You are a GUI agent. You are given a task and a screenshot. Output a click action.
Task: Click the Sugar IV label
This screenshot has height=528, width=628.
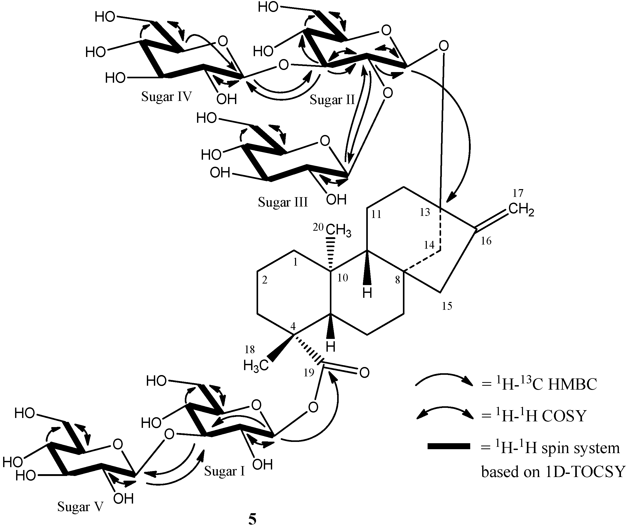coord(166,97)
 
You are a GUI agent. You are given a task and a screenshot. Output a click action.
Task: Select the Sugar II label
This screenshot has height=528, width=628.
coord(332,100)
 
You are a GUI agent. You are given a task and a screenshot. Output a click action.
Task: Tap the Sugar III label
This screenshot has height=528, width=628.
coord(283,202)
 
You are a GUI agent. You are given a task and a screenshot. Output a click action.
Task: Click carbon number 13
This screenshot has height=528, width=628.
coord(425,212)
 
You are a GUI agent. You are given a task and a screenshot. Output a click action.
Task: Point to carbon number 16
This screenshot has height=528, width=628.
coord(486,241)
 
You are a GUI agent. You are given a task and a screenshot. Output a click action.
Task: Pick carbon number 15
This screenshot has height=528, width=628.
coord(447,306)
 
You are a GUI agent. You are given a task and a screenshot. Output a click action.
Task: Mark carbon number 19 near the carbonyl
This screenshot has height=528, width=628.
coord(309,373)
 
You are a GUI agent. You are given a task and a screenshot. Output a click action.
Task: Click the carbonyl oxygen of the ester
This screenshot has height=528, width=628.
coord(364,373)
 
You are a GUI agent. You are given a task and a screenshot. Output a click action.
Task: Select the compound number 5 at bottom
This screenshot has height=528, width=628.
coord(252,520)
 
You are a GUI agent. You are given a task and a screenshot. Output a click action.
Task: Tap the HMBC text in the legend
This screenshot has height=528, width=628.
coord(572,385)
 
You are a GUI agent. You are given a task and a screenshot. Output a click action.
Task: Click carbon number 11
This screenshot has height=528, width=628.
coord(376,214)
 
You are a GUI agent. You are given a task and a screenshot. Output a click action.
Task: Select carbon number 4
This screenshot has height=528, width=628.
coord(293,326)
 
